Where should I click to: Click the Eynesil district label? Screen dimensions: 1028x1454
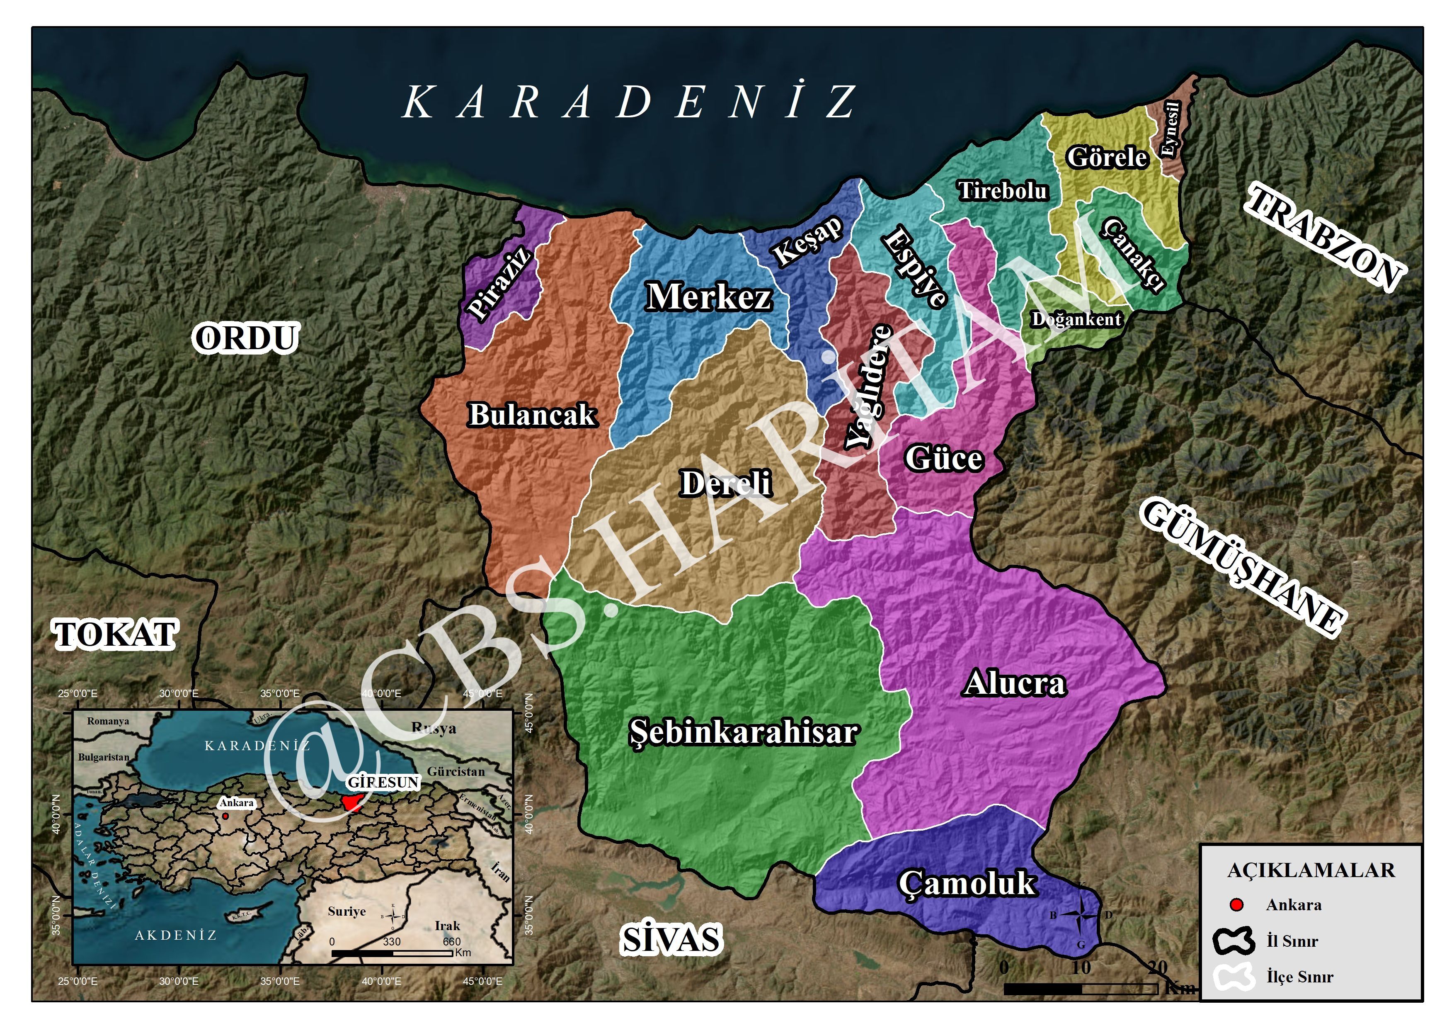1171,129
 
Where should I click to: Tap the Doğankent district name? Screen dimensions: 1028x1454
1076,319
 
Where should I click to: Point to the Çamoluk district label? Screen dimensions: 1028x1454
967,883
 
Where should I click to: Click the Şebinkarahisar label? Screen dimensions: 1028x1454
744,732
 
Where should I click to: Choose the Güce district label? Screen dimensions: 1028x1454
944,458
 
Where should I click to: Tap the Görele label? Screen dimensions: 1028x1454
1107,157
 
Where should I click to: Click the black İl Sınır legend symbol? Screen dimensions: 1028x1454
1233,941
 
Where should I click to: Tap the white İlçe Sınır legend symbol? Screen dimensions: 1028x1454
1233,977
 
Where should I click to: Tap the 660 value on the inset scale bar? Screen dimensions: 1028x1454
451,942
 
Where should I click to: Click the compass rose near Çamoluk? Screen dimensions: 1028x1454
1081,915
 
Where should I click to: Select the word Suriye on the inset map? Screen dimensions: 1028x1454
347,911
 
